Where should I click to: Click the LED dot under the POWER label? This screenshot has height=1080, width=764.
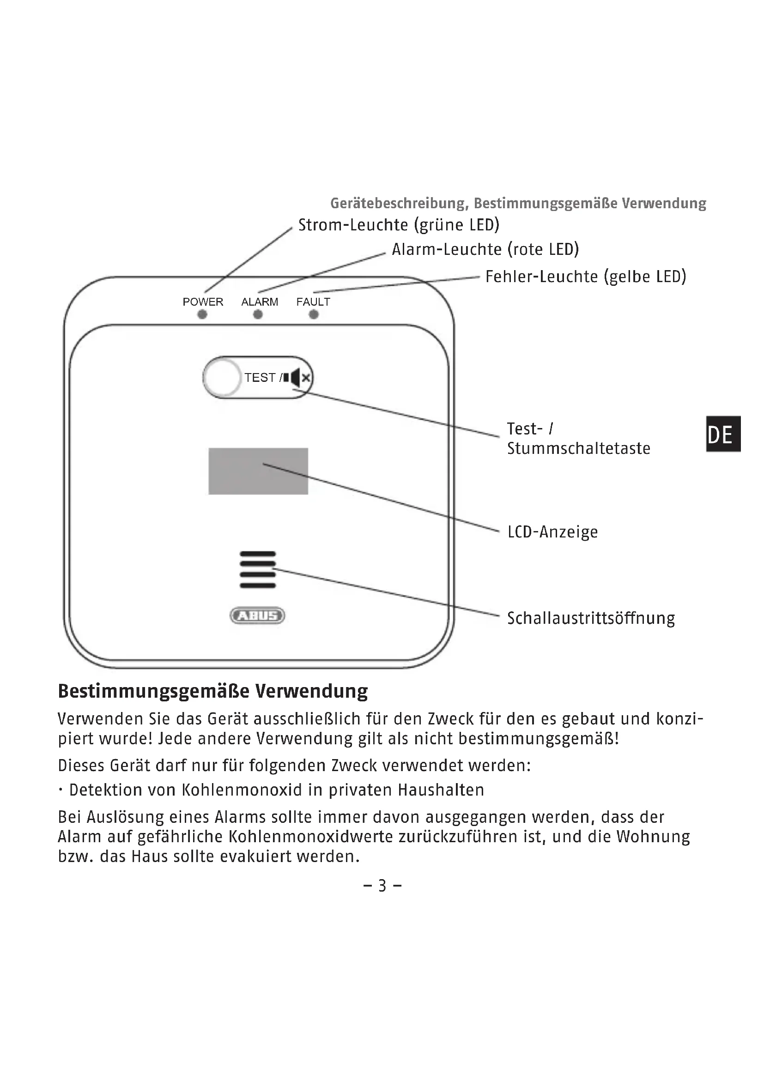[x=202, y=315]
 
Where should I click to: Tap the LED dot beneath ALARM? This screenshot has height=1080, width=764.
[x=258, y=315]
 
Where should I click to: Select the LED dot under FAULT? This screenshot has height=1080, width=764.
[x=314, y=315]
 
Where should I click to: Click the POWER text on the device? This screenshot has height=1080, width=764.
[x=203, y=302]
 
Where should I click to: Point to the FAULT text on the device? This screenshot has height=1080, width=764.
[x=313, y=302]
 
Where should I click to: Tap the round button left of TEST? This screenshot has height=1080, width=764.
[x=223, y=377]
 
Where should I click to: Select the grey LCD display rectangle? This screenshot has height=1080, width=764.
[x=258, y=471]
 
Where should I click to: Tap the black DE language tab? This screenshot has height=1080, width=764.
[x=723, y=434]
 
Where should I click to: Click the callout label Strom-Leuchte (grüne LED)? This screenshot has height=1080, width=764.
[x=399, y=225]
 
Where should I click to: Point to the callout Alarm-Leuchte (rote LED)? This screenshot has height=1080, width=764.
[x=485, y=249]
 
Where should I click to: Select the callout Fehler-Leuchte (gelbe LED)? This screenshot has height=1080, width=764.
[x=586, y=277]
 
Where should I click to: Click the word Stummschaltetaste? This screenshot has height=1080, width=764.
[x=579, y=448]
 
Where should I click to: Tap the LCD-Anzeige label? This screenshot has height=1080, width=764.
[x=553, y=532]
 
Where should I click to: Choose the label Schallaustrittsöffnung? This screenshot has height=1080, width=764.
[x=591, y=618]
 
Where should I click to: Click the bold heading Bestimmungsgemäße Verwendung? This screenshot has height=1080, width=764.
[x=212, y=691]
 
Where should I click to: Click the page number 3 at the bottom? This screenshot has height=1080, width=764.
[x=382, y=886]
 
